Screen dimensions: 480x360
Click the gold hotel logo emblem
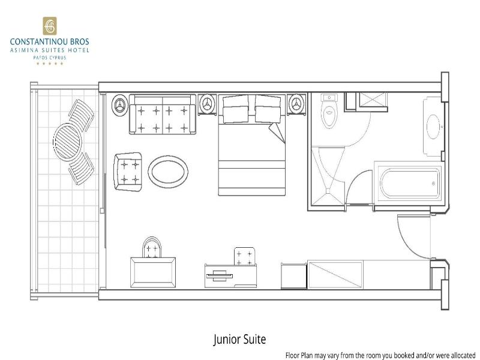50,26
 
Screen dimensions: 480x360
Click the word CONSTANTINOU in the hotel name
35,41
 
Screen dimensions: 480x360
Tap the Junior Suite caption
239,339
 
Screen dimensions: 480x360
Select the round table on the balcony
68,142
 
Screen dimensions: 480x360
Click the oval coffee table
168,172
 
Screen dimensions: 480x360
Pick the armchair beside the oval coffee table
128,172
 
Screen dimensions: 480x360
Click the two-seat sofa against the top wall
163,114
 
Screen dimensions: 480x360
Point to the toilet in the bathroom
329,111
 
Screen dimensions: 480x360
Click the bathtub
410,183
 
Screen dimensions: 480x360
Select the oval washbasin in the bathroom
433,127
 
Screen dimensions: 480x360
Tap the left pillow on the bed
236,109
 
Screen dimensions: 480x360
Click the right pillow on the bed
268,109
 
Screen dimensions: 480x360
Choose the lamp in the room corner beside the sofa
119,106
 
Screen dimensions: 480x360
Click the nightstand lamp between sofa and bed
207,104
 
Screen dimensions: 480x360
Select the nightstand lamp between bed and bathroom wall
296,104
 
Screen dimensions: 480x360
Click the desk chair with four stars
244,257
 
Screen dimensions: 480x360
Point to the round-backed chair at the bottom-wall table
152,247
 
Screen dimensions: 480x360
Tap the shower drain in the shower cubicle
328,191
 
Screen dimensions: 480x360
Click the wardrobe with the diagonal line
335,275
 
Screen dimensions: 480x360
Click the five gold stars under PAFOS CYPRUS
50,64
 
